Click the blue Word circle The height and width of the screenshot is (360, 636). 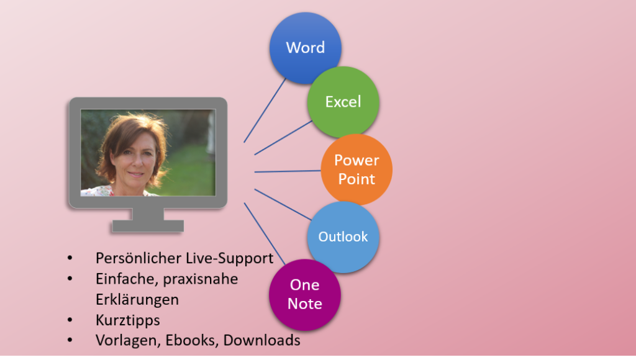point(306,48)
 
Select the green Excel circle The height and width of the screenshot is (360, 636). point(343,102)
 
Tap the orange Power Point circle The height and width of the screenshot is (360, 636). point(357,169)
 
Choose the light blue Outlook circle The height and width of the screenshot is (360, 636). point(343,236)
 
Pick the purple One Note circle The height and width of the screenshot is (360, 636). point(305,295)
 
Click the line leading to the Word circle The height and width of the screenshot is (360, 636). point(265,110)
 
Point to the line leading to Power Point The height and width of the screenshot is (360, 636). point(288,171)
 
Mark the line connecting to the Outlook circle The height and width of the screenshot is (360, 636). point(283,205)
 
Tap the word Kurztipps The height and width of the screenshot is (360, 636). point(128,320)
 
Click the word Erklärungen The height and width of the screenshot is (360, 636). point(137,300)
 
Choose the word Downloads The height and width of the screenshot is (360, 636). point(262,340)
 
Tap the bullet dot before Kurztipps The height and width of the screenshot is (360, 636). point(70,320)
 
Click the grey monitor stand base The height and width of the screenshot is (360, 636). point(148,226)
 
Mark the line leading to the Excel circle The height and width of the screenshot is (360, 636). point(283,137)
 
